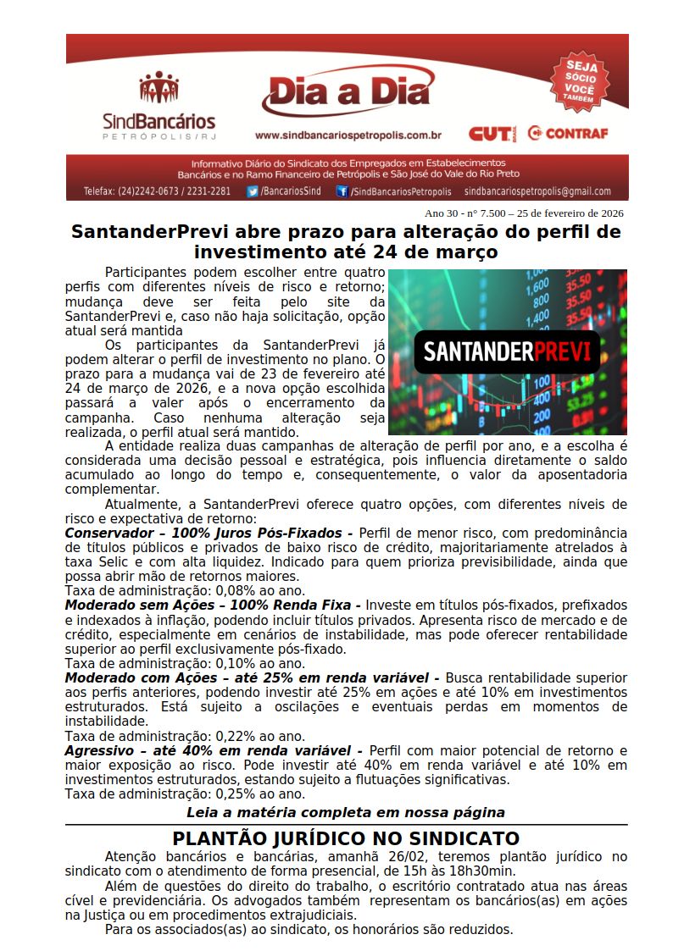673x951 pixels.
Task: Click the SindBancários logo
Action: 159,106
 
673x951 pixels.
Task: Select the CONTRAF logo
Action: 567,134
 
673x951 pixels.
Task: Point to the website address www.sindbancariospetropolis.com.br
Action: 348,135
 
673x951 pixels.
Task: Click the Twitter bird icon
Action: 253,191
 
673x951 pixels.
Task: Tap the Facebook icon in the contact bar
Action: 342,191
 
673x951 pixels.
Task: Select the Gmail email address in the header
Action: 537,191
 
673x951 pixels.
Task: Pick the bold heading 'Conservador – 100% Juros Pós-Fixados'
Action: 209,534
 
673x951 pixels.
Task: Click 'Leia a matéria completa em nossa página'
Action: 346,812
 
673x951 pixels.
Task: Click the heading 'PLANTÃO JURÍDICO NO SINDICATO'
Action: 346,838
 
